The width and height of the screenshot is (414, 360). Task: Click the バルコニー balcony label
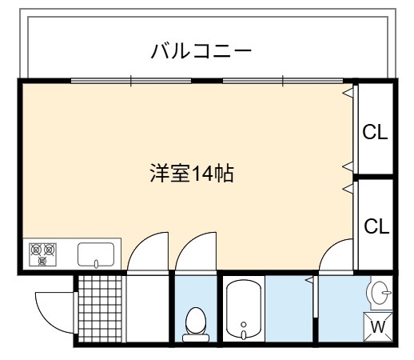click(x=201, y=51)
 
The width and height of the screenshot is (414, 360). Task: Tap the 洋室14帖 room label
click(x=192, y=174)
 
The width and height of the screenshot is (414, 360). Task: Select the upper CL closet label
click(x=375, y=132)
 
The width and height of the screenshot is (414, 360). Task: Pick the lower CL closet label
click(x=376, y=226)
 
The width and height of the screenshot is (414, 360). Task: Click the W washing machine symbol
click(x=378, y=326)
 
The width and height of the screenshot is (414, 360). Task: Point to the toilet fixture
click(x=196, y=324)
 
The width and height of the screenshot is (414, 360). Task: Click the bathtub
click(x=244, y=310)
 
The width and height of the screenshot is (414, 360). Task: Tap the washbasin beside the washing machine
click(x=380, y=293)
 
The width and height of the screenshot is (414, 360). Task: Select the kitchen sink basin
click(x=96, y=254)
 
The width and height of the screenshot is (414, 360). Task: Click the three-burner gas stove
click(x=42, y=254)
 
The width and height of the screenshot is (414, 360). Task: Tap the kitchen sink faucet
click(x=96, y=263)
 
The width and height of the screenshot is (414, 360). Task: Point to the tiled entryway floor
click(x=101, y=309)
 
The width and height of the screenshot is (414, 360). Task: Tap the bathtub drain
click(x=244, y=324)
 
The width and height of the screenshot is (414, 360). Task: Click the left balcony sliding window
click(x=131, y=81)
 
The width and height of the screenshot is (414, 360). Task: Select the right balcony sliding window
click(x=283, y=81)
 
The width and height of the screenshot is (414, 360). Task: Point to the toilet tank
click(x=196, y=338)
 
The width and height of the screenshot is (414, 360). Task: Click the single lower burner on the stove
click(x=42, y=261)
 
